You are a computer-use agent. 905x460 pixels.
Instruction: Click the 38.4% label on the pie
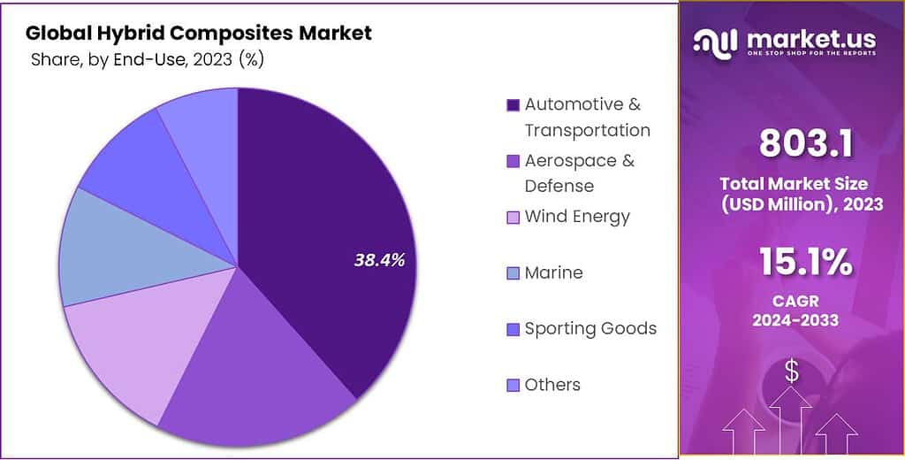[379, 260]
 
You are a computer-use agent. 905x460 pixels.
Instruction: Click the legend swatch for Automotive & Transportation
[513, 105]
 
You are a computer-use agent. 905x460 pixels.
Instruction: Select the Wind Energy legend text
[577, 217]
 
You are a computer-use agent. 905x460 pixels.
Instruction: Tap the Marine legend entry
[553, 272]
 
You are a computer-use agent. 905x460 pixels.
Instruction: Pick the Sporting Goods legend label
[590, 328]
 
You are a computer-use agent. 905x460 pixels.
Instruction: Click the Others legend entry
[552, 385]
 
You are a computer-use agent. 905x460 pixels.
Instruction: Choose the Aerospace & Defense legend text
[579, 173]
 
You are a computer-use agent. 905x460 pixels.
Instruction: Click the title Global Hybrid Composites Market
[199, 33]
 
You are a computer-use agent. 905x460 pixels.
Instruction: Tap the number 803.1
[792, 142]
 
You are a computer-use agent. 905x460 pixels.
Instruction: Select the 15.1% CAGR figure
[792, 262]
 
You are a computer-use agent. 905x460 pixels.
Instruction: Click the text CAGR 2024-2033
[792, 310]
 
